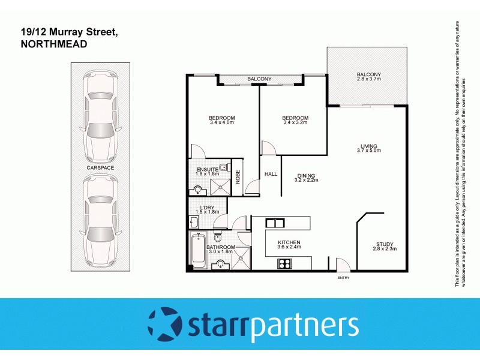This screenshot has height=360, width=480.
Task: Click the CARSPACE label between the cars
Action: [x=100, y=168]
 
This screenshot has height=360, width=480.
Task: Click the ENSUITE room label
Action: [x=207, y=170]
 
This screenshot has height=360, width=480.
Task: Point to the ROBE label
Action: [x=238, y=176]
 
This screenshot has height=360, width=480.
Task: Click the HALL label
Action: [x=271, y=174]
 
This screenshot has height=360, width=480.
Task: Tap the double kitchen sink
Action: [x=275, y=224]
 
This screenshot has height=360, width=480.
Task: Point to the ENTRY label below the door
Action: [x=343, y=278]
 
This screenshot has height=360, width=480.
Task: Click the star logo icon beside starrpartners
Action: [x=165, y=324]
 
